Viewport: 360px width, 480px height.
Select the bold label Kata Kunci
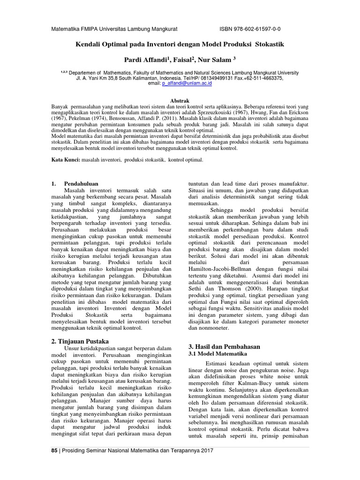click(x=66, y=160)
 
